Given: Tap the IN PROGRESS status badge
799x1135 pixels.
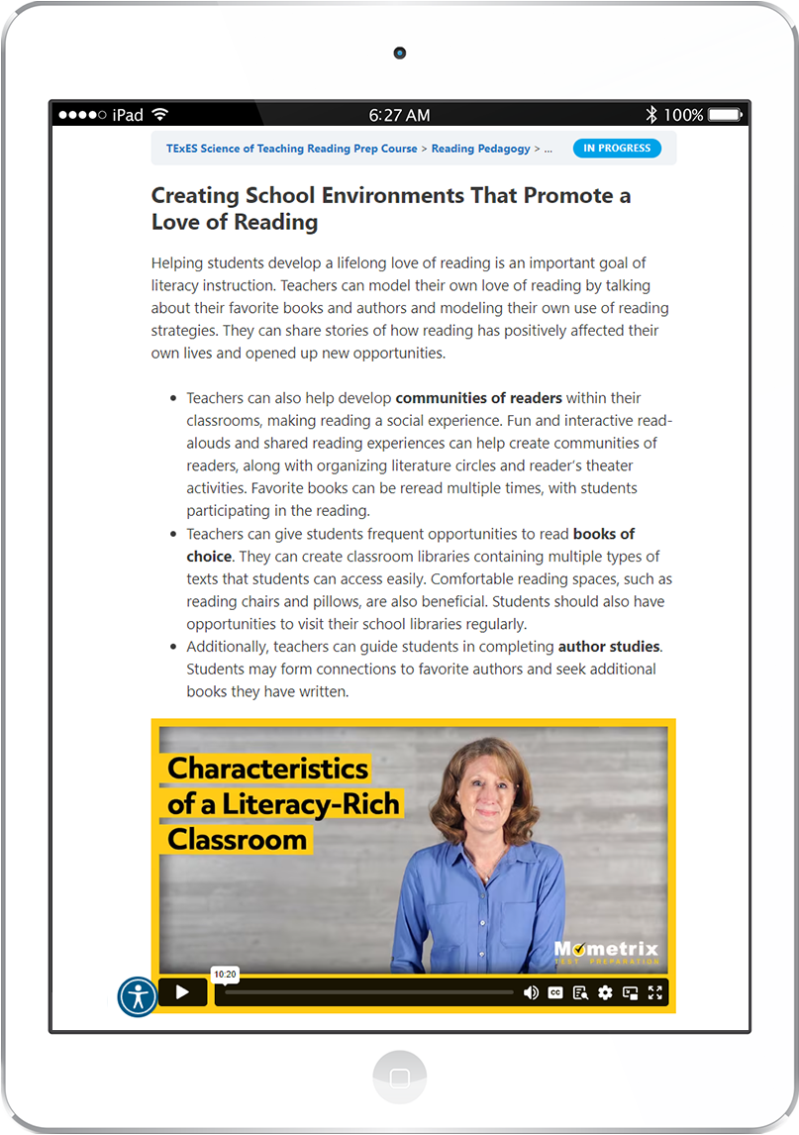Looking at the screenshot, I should click(617, 149).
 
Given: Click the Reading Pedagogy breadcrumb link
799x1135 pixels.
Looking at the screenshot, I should click(480, 149).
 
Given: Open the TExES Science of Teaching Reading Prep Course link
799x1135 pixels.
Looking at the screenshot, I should click(291, 149).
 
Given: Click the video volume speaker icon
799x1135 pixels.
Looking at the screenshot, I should click(531, 992).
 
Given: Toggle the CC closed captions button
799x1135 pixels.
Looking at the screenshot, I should click(555, 992).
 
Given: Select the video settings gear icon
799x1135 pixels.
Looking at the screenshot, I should click(605, 992).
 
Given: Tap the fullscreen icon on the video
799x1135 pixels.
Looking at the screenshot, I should click(654, 992).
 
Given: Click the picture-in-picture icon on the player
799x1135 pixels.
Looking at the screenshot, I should click(630, 992).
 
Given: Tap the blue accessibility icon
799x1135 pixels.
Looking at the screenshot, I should click(138, 996).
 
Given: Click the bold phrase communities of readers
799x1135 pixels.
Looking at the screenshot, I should click(478, 398).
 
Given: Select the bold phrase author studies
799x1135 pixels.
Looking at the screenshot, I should click(608, 647).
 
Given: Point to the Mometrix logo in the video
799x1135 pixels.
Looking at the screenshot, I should click(606, 952).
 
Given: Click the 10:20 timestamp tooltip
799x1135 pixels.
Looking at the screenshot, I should click(225, 975).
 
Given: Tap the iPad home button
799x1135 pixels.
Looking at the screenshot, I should click(400, 1078).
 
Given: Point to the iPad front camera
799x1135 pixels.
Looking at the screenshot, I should click(399, 52).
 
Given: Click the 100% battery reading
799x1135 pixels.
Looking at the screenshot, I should click(683, 115).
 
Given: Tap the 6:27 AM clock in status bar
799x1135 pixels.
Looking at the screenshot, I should click(399, 115).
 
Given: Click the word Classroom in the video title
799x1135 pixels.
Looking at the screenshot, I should click(237, 840).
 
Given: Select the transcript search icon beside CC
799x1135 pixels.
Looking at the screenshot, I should click(580, 992).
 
